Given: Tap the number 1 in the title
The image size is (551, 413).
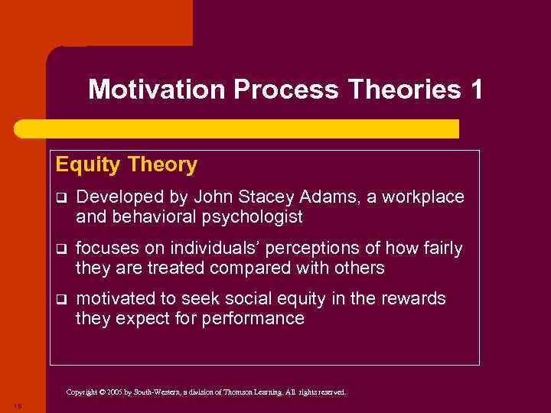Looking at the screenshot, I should (x=476, y=90).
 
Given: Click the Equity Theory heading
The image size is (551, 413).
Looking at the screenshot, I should (x=126, y=164).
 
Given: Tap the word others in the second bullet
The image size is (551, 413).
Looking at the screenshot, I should (x=359, y=268).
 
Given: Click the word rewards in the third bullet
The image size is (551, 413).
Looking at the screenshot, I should (x=418, y=298).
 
